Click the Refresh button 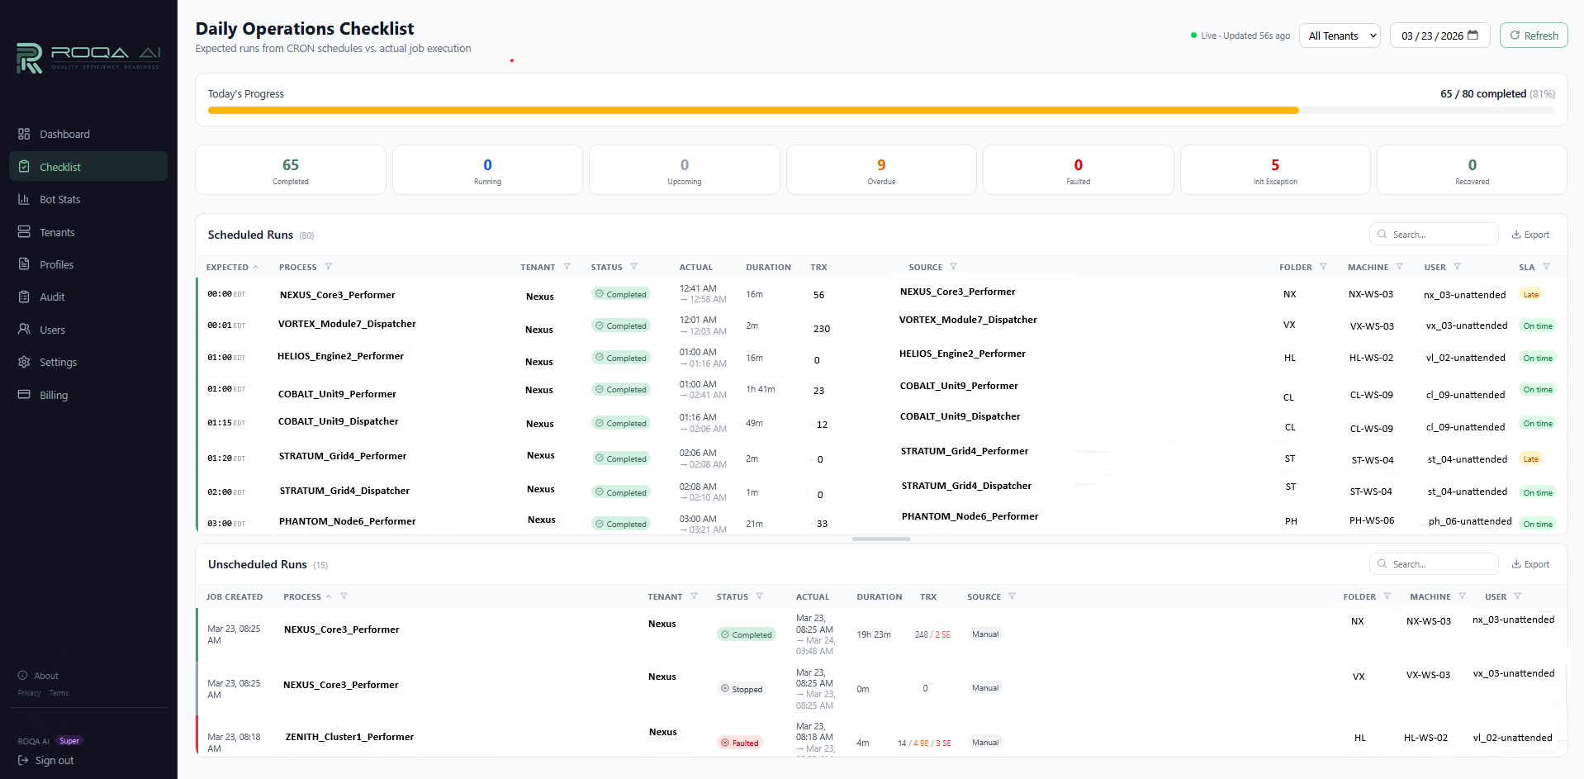(1534, 36)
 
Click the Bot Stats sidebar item (59, 199)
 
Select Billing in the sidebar (54, 395)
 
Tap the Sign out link (54, 760)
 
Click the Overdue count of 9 (881, 165)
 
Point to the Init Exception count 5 (1275, 165)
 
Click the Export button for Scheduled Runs (1530, 235)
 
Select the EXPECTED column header (227, 267)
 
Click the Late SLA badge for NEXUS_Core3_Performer (1530, 295)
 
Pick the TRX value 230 (821, 329)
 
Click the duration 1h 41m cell (760, 389)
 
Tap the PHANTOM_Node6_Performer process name (347, 521)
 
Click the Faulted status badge (740, 743)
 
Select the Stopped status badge (742, 689)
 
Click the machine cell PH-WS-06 (1371, 521)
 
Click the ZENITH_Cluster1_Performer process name (349, 737)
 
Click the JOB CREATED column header (235, 596)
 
